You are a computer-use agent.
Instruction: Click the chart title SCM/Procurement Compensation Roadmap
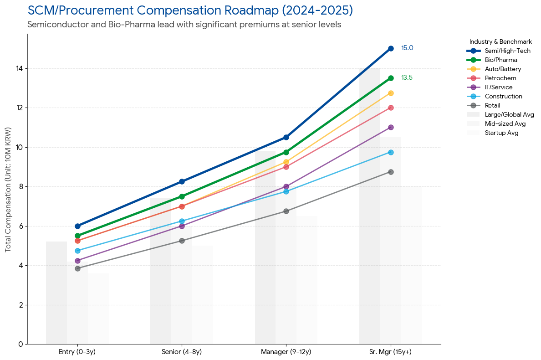(190, 10)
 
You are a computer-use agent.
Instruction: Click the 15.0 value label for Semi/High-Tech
(407, 48)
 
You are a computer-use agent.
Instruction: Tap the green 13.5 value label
(407, 78)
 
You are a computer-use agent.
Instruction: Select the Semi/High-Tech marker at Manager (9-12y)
(286, 137)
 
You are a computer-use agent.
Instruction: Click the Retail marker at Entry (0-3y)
(77, 268)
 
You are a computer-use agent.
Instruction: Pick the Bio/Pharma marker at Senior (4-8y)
(182, 196)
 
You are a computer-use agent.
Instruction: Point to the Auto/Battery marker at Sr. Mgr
(391, 93)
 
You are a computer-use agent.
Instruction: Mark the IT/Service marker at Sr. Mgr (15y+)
(391, 127)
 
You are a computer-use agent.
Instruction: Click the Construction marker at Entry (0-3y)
(77, 251)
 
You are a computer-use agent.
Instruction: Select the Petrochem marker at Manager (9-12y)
(286, 167)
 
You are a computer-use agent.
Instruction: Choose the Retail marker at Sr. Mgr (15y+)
(391, 172)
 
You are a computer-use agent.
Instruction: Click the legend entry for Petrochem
(500, 78)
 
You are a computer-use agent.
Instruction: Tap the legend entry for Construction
(503, 97)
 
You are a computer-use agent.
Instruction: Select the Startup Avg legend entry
(501, 133)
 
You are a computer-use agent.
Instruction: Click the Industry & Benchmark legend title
(500, 41)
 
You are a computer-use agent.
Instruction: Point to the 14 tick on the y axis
(20, 69)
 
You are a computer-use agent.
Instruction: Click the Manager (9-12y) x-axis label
(286, 352)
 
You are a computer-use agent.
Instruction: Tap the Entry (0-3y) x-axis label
(77, 352)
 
